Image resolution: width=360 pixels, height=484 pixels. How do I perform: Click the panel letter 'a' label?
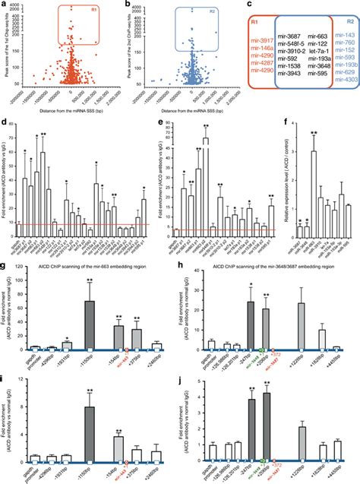point(5,5)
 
